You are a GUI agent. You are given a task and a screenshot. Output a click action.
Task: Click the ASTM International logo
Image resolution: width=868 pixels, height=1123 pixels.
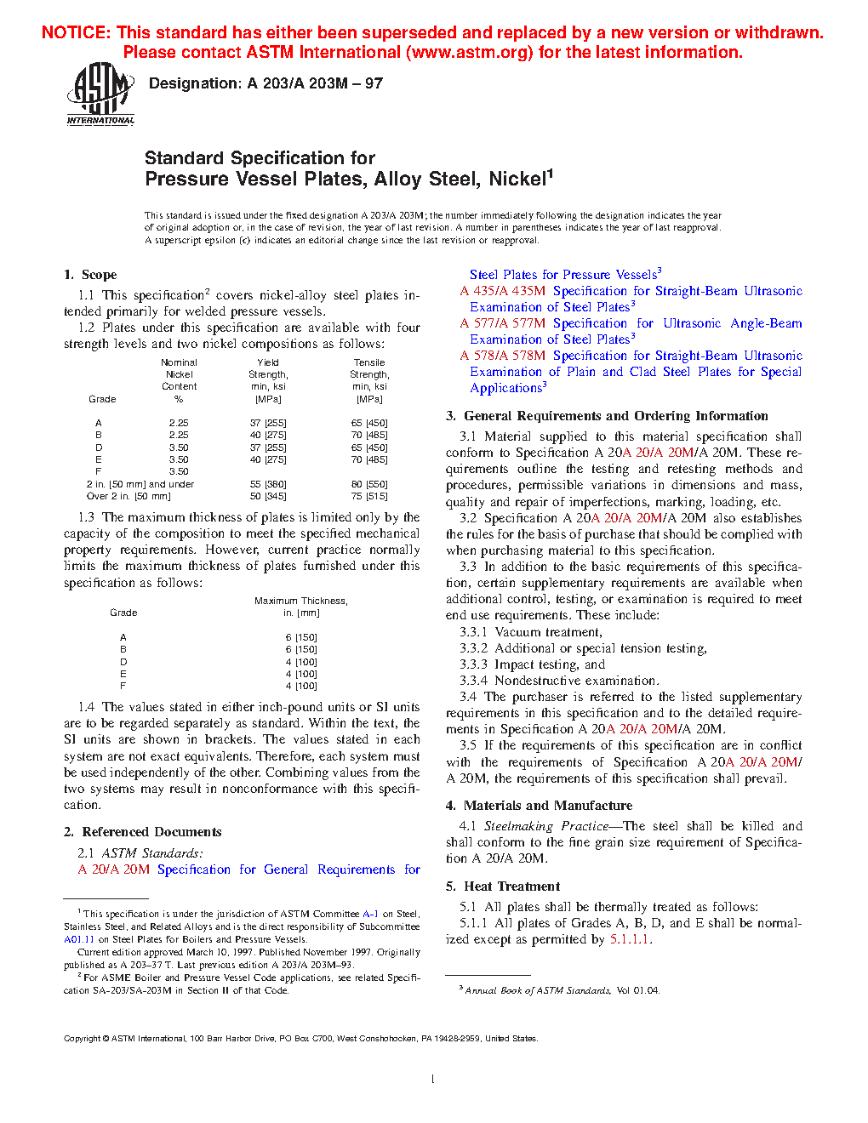(100, 94)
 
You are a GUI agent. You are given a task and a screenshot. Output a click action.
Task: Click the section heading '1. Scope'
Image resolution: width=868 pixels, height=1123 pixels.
(90, 275)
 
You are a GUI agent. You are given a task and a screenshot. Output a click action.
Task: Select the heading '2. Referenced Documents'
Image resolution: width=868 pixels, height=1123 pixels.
(143, 832)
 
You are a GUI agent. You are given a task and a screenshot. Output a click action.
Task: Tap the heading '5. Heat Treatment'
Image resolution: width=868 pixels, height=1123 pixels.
(503, 886)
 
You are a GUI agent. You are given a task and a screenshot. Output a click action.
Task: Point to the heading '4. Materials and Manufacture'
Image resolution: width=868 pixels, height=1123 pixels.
(539, 806)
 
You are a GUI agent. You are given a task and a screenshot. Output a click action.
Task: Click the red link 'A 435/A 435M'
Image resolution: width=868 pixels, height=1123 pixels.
(503, 291)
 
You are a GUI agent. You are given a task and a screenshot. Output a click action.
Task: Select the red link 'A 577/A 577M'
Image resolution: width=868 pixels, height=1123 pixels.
(503, 323)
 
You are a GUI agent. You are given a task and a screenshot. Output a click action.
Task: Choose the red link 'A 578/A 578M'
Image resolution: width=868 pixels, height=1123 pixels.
(503, 356)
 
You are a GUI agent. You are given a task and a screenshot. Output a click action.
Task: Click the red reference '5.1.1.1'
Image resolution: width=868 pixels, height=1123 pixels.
(629, 939)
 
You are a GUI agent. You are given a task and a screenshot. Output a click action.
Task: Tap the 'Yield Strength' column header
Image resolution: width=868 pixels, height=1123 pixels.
(268, 368)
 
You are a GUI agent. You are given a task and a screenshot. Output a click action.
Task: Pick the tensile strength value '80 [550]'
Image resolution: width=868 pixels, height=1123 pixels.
(369, 484)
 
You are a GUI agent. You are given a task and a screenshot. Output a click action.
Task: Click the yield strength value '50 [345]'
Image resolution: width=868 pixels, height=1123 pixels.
(268, 496)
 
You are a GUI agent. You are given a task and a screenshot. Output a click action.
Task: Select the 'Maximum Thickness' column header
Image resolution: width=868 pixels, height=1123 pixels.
(300, 601)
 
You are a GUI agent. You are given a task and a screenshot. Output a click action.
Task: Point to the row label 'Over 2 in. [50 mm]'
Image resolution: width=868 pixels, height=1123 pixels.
(128, 496)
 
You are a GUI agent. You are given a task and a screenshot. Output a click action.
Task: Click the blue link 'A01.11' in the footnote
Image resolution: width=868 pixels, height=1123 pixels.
(79, 939)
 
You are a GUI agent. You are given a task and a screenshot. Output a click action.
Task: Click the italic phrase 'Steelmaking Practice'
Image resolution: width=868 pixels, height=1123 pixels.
(546, 826)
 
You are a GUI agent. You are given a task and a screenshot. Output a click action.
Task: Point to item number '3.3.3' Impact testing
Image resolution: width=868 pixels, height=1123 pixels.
(473, 664)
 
